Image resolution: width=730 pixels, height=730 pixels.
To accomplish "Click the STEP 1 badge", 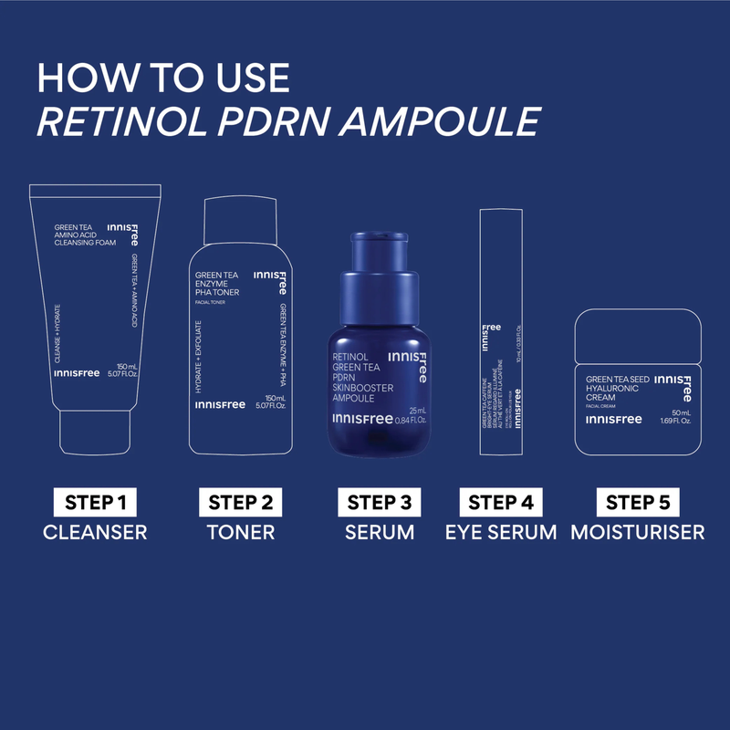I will pyautogui.click(x=95, y=502).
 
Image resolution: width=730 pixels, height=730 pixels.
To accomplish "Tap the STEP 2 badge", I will pyautogui.click(x=241, y=502).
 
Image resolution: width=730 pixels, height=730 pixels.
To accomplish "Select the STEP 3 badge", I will pyautogui.click(x=380, y=502).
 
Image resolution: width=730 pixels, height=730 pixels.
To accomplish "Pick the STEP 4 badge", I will pyautogui.click(x=500, y=502).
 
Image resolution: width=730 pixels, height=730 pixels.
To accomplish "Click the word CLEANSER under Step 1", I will pyautogui.click(x=95, y=532).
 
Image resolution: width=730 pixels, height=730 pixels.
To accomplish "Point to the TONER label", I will pyautogui.click(x=241, y=532).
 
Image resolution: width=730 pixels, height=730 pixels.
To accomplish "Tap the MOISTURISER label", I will pyautogui.click(x=638, y=532).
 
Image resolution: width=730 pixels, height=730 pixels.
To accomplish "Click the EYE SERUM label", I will pyautogui.click(x=500, y=532).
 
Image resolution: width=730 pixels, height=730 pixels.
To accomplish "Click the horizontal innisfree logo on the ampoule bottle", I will pyautogui.click(x=360, y=420).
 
